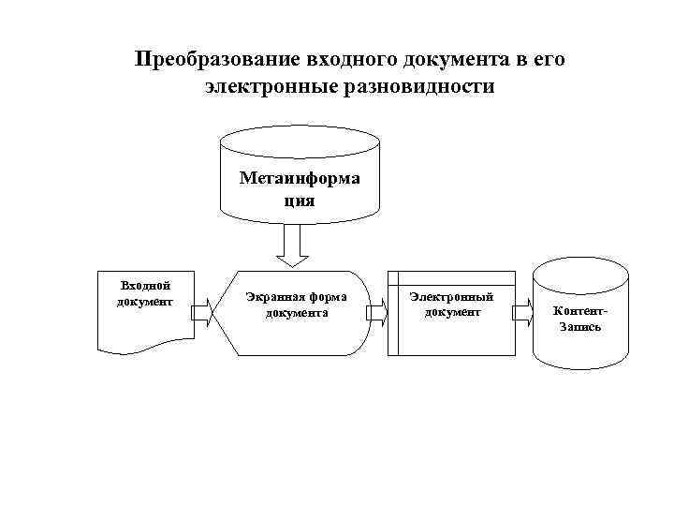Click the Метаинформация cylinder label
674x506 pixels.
point(299,187)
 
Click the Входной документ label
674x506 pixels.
point(145,292)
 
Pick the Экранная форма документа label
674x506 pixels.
point(296,305)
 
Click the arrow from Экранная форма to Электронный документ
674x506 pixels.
point(376,313)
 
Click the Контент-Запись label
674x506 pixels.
point(580,319)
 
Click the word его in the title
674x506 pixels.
point(548,61)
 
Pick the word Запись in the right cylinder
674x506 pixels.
point(580,327)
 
